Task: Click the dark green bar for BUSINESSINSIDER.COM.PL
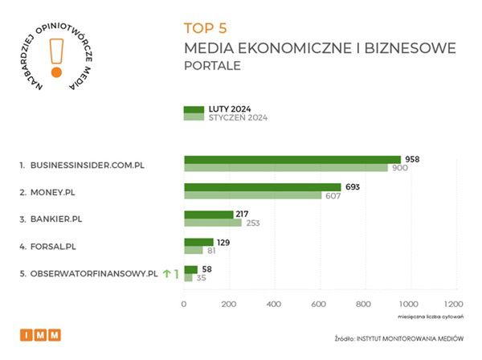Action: [292, 159]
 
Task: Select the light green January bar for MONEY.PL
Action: [252, 195]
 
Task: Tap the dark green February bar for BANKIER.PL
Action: [208, 214]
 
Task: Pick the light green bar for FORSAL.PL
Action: [193, 250]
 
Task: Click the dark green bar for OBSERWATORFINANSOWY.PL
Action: [190, 270]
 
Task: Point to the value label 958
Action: [413, 159]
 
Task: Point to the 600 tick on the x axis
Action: [319, 304]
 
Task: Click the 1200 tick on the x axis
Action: [453, 304]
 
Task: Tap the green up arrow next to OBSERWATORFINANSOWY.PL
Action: [166, 274]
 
